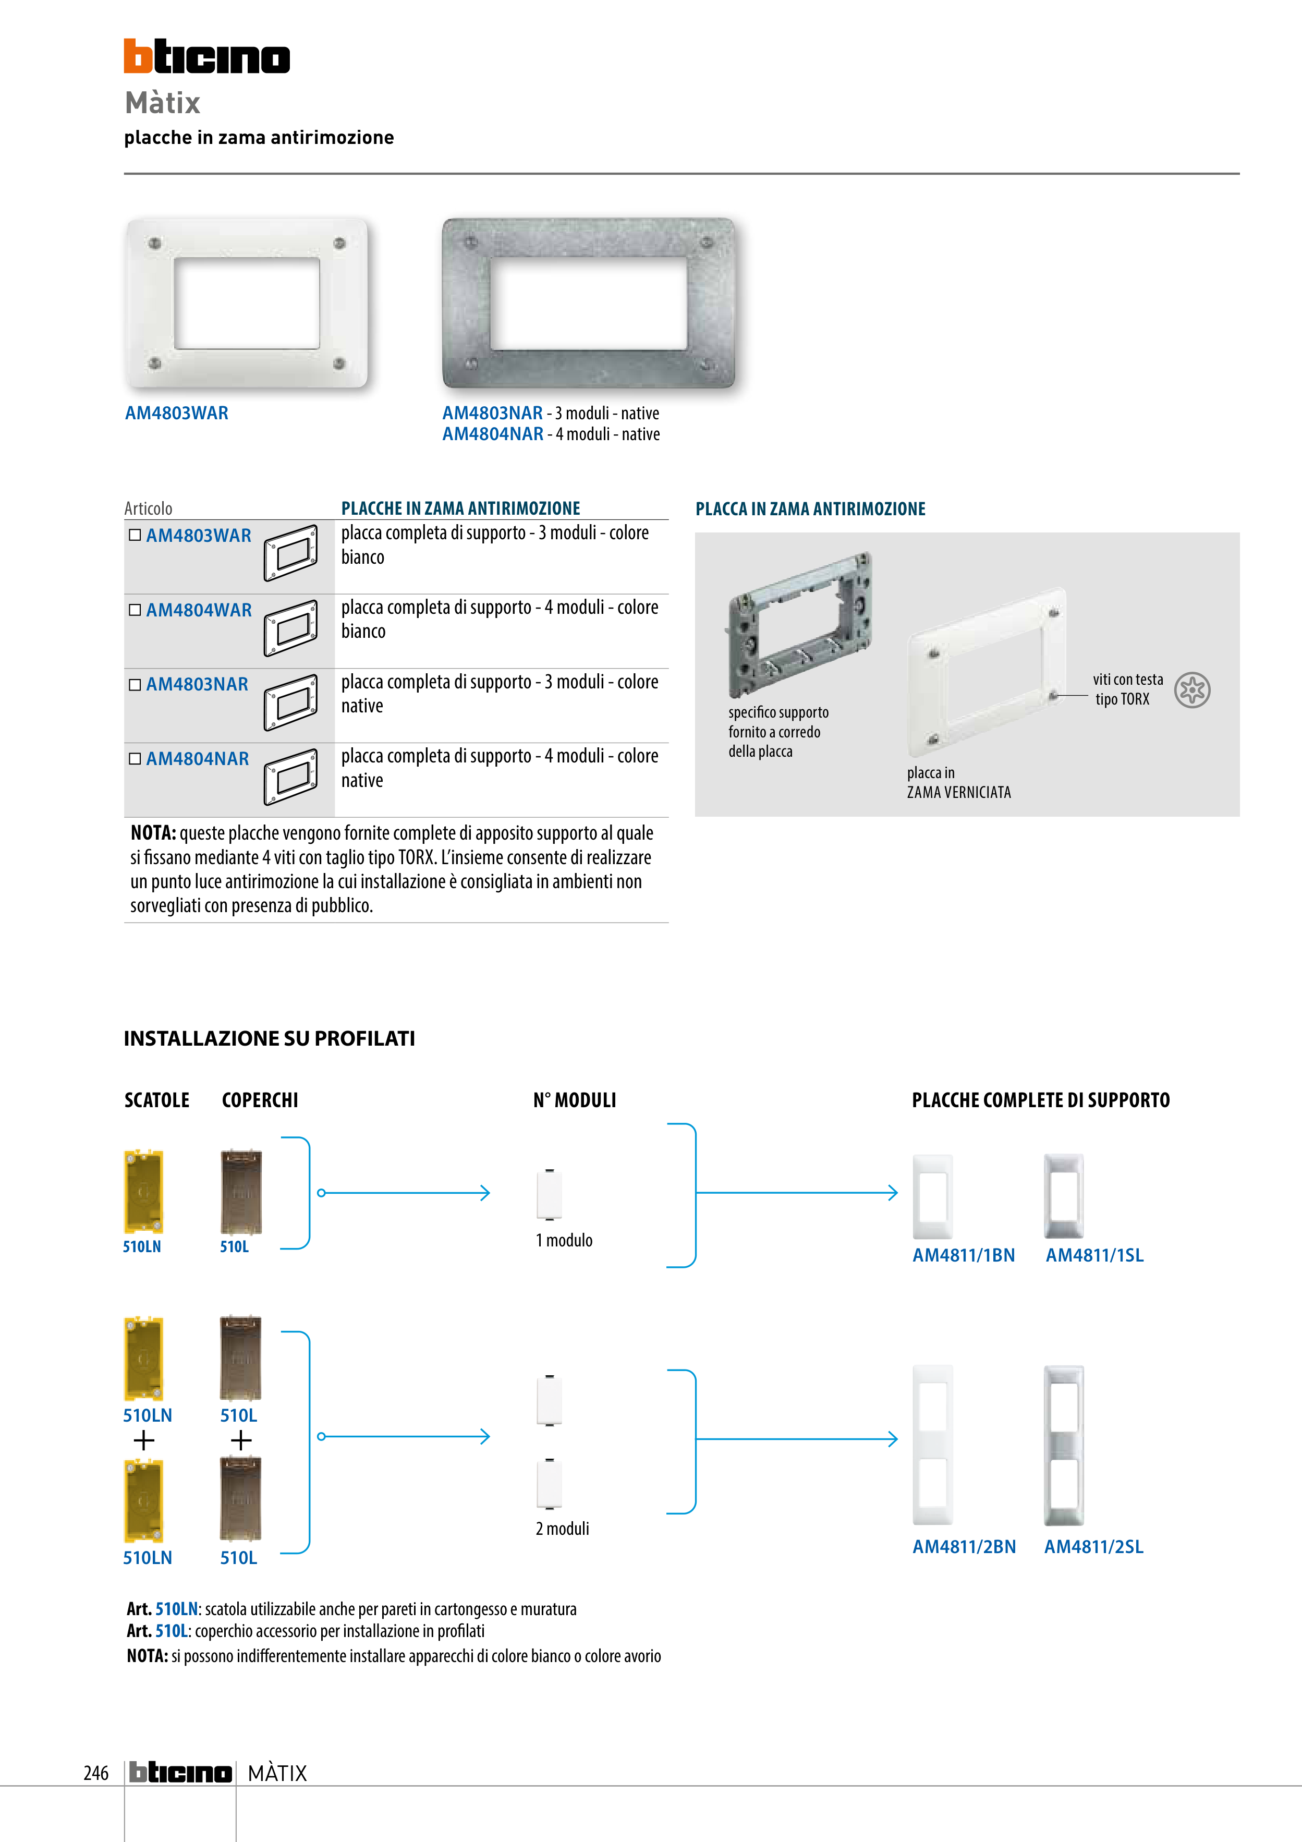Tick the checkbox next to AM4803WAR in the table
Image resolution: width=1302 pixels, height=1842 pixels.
coord(135,535)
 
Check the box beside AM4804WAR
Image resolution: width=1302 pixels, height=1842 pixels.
coord(135,610)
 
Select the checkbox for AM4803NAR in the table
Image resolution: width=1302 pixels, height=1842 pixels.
coord(135,684)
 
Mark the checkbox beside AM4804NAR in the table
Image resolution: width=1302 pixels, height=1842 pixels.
coord(135,758)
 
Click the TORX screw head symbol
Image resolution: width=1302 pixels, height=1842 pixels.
coord(1192,690)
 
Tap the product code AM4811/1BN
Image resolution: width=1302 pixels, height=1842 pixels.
coord(964,1255)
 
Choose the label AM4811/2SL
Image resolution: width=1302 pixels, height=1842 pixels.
coord(1093,1547)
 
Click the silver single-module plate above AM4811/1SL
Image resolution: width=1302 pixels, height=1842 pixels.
coord(1064,1195)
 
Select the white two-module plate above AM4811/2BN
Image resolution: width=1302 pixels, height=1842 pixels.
coord(933,1444)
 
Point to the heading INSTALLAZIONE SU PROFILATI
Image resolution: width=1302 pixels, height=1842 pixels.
coord(270,1038)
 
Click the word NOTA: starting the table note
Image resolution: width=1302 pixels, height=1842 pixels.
coord(153,833)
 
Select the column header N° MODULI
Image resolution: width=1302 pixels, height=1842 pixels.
coord(575,1100)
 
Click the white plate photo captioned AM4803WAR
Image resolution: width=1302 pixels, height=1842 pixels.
coord(246,303)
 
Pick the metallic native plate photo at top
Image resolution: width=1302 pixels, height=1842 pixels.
coord(589,303)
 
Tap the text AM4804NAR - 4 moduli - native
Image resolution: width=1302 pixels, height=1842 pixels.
coord(551,434)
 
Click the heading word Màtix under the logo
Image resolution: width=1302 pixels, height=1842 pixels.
coord(162,103)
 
